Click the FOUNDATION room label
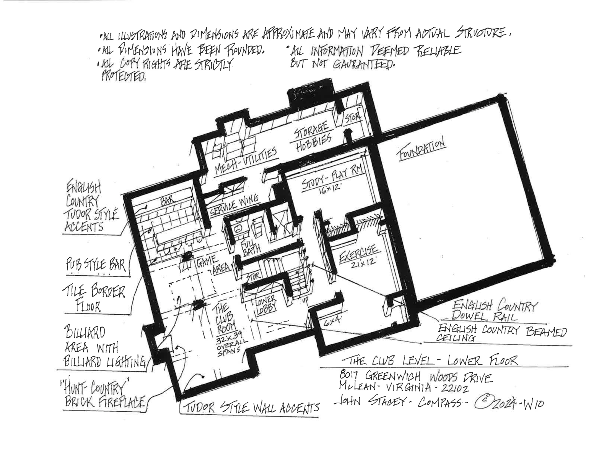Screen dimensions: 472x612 click(422, 150)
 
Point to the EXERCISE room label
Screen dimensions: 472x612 click(359, 254)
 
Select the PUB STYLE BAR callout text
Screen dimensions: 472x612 click(96, 264)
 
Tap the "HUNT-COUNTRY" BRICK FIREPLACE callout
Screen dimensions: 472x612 click(103, 395)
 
